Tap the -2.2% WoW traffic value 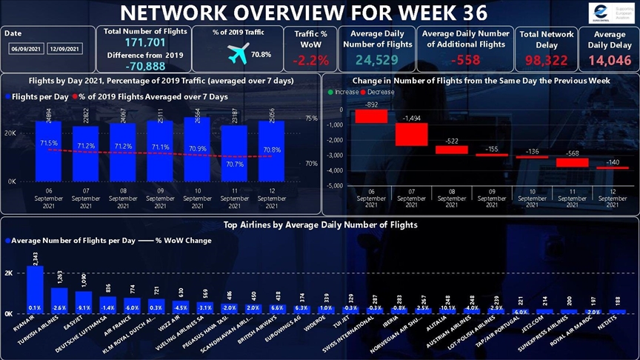(311, 59)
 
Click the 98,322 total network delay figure (546, 60)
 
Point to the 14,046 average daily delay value (609, 60)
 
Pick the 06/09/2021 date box (25, 49)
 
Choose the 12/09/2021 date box (64, 49)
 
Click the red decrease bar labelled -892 (371, 116)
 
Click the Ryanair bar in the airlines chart (35, 289)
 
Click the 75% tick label (311, 119)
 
